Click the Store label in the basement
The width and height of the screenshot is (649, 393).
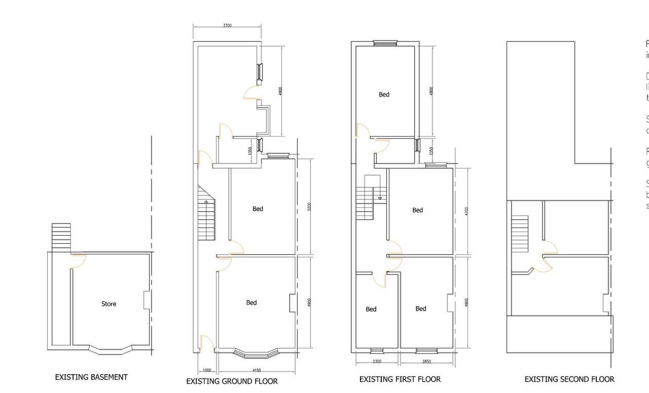coord(109,304)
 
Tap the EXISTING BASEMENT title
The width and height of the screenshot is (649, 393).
coord(91,377)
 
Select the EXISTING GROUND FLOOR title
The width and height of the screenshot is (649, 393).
coord(232,381)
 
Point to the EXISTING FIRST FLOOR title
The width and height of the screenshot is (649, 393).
coord(400,379)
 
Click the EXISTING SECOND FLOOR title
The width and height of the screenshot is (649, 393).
coord(569,379)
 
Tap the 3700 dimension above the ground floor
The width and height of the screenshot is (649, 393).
coord(227,25)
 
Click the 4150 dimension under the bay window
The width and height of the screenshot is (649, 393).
coord(256,371)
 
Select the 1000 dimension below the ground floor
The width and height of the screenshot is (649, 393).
coord(206,371)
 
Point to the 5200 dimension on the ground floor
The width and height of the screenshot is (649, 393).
coord(309,206)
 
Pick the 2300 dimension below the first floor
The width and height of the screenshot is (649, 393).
coord(377,362)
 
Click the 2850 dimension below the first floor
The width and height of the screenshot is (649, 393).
coord(426,362)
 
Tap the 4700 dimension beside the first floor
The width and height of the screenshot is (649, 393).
coord(466,211)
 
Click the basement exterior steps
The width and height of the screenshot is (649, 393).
coord(61,237)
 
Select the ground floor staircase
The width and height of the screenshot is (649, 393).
coord(206,213)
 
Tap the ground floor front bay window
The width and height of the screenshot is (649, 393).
coord(256,352)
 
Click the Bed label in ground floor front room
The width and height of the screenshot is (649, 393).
coord(251,303)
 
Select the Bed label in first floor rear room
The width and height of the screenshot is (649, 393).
coord(384,94)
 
